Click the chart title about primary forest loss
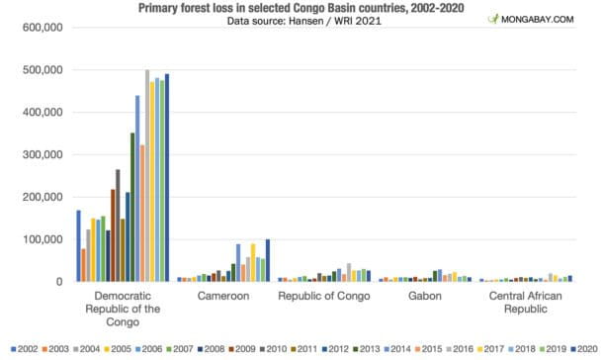301,8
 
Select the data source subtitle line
301,21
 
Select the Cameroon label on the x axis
222,296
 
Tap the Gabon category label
424,296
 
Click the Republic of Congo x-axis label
323,296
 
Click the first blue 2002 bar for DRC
79,246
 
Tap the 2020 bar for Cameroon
268,260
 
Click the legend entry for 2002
24,348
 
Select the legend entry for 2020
579,348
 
